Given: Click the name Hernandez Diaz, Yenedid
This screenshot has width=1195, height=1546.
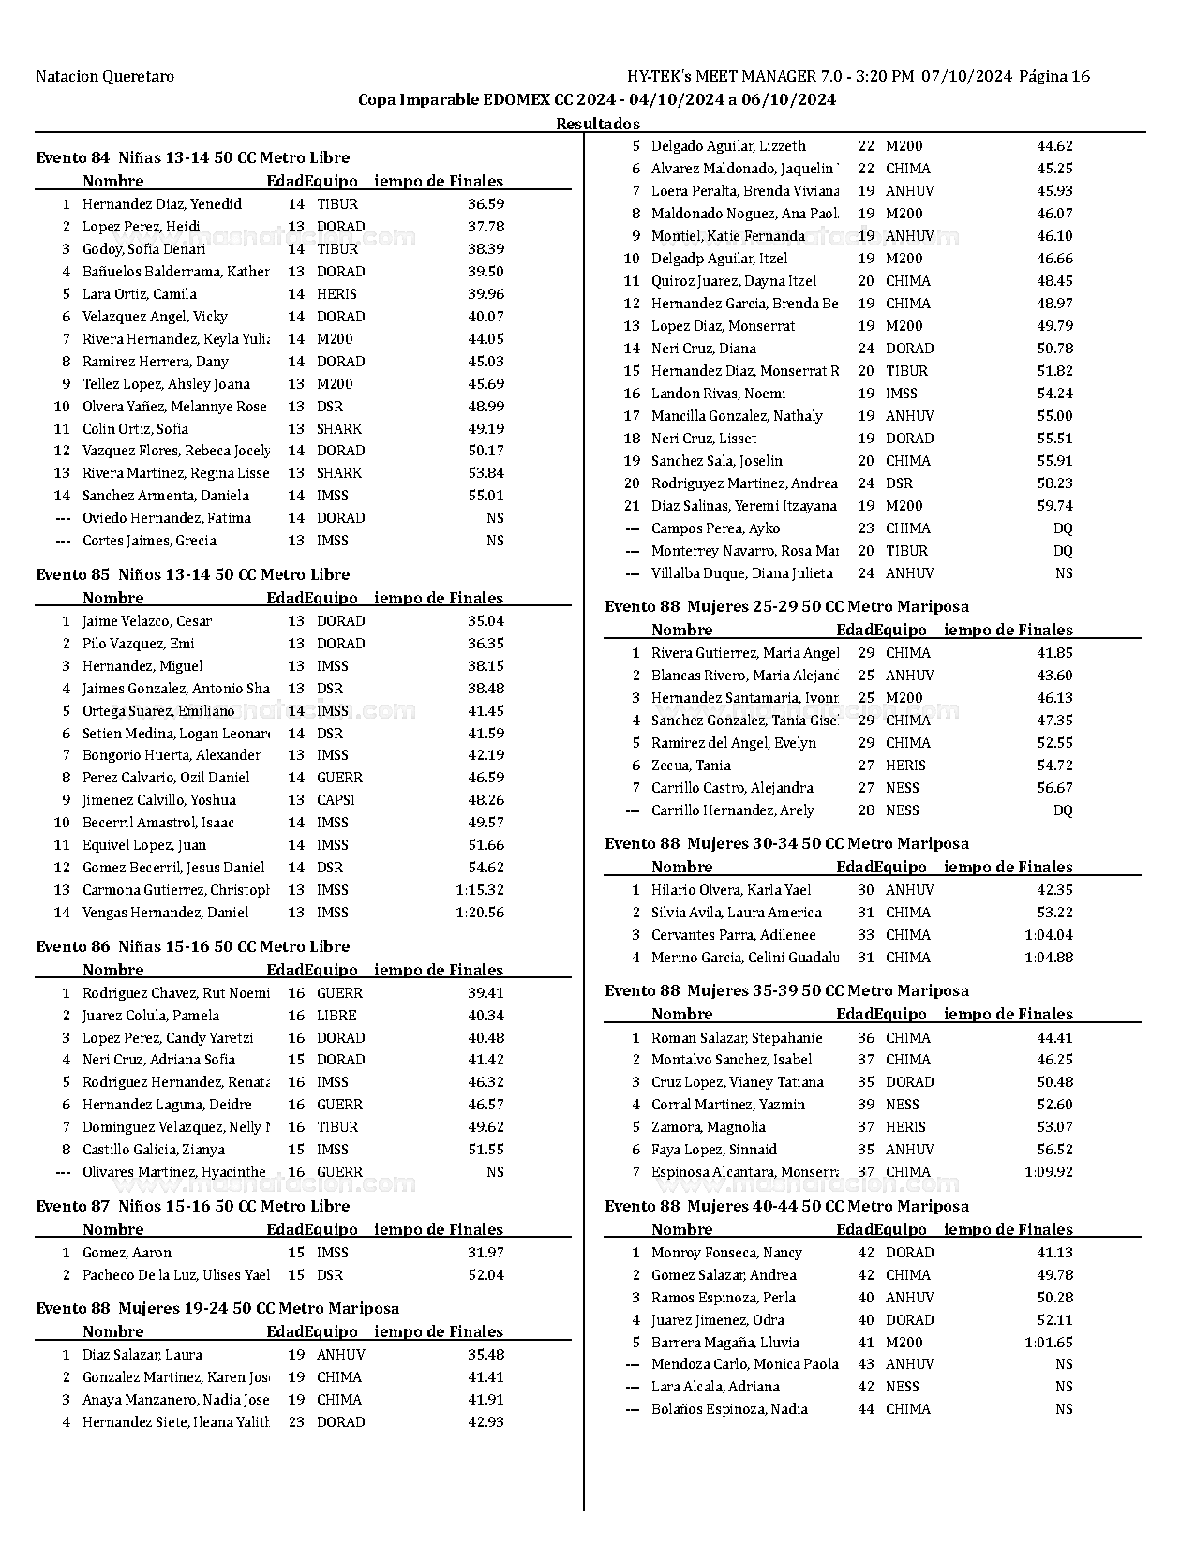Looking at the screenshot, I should pos(161,204).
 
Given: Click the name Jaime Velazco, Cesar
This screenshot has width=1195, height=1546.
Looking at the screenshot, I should pos(147,621).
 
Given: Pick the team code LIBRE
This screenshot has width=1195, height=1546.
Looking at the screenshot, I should pos(336,1016).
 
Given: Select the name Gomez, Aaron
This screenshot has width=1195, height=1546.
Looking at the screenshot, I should pos(127,1253).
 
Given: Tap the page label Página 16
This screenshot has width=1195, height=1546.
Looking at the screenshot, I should pos(1054,77).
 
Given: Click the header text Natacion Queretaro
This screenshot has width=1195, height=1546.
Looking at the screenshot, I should pos(105,77).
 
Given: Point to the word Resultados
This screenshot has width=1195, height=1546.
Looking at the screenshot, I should pos(598,124).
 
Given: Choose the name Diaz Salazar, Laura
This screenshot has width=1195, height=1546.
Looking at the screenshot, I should pos(142,1355).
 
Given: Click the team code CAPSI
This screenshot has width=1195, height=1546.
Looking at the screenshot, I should pos(336,800).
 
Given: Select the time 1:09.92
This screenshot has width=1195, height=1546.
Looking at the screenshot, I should pos(1049,1172).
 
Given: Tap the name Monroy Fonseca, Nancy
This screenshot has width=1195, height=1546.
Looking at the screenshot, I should pos(726,1253).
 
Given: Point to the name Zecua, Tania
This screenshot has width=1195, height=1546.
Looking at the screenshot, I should pos(691,766).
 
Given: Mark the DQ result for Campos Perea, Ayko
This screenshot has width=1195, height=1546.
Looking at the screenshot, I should pos(1063,528).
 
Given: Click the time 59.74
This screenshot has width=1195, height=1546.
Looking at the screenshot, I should pos(1054,506).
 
